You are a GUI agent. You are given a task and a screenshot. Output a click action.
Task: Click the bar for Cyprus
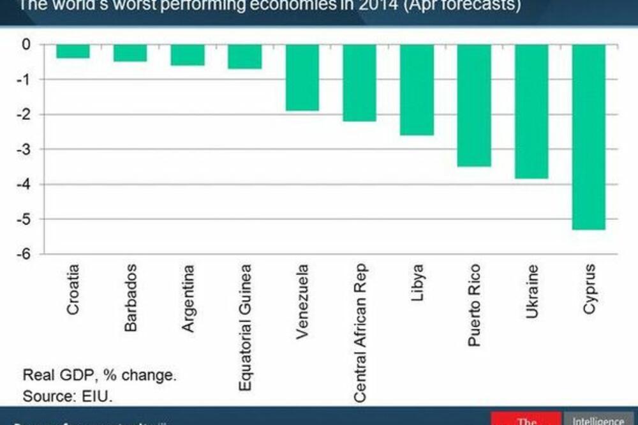(x=589, y=137)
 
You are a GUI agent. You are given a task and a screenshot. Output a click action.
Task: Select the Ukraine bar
(x=531, y=111)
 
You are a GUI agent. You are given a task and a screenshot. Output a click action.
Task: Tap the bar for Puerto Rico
(x=474, y=105)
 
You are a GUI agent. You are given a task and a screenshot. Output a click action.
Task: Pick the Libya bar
(x=417, y=89)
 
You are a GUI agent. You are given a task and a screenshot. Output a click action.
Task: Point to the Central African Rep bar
(x=359, y=82)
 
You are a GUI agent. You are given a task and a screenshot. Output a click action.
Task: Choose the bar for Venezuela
(x=302, y=77)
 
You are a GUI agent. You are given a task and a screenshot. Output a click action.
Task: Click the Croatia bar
(x=73, y=51)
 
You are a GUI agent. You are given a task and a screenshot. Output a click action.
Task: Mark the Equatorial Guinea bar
(x=244, y=56)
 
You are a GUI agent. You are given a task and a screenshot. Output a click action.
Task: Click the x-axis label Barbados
(x=130, y=297)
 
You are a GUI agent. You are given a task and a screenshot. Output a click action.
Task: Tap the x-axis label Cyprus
(x=590, y=288)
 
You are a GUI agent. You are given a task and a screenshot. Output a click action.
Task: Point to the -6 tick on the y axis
(x=26, y=254)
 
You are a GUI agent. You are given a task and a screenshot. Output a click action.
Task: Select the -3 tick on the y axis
(x=26, y=149)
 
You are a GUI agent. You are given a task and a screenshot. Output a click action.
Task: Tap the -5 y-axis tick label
(x=26, y=219)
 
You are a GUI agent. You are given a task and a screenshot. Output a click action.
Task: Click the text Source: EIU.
(x=68, y=396)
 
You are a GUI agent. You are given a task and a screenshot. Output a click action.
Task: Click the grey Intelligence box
(x=598, y=419)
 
